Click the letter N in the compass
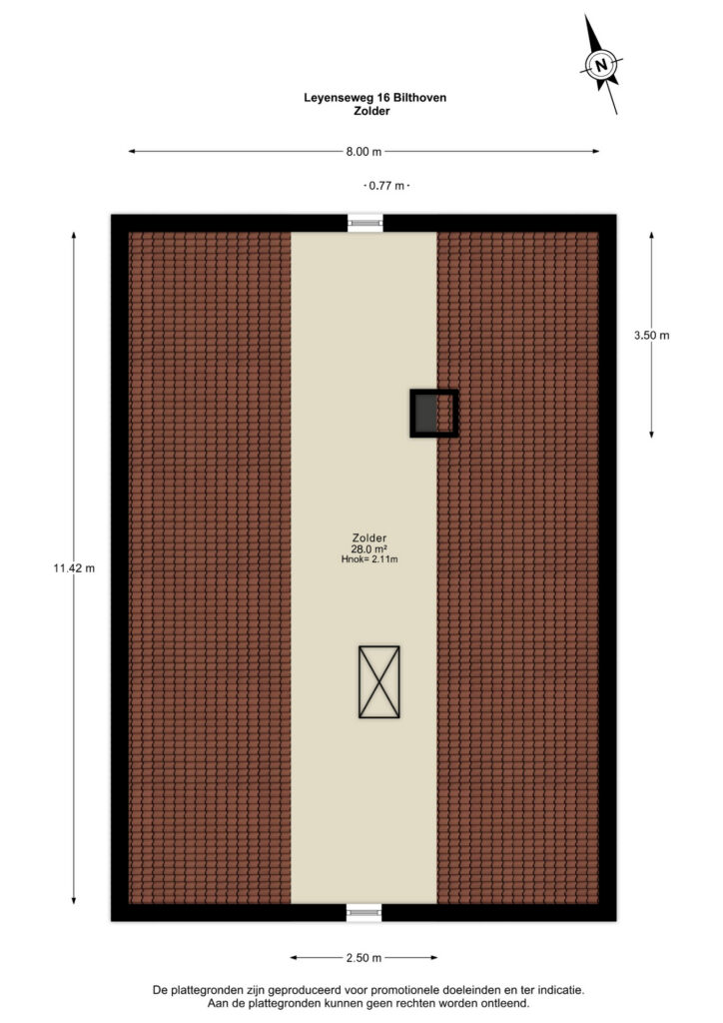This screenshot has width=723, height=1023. pyautogui.click(x=602, y=65)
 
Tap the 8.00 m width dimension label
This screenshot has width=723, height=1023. pyautogui.click(x=363, y=152)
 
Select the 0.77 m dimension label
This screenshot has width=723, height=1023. pyautogui.click(x=386, y=186)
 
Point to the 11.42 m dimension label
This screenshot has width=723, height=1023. pyautogui.click(x=74, y=568)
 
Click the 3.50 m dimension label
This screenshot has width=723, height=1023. pyautogui.click(x=651, y=336)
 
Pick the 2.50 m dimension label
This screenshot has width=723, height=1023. pyautogui.click(x=363, y=958)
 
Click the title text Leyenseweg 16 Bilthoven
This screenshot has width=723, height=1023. pyautogui.click(x=374, y=98)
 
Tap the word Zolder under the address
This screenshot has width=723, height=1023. pyautogui.click(x=371, y=111)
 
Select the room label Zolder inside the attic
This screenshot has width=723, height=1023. pyautogui.click(x=369, y=538)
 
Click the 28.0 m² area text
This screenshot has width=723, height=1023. pyautogui.click(x=369, y=549)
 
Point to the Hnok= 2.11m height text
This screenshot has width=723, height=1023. pyautogui.click(x=369, y=559)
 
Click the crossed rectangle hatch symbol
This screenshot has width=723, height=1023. pyautogui.click(x=378, y=681)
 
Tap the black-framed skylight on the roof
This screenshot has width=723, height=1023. pyautogui.click(x=434, y=413)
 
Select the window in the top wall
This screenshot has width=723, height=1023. pyautogui.click(x=364, y=223)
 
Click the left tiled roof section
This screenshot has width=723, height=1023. pyautogui.click(x=210, y=567)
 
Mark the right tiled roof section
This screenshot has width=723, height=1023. pyautogui.click(x=517, y=567)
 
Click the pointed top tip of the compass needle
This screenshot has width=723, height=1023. pyautogui.click(x=585, y=15)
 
